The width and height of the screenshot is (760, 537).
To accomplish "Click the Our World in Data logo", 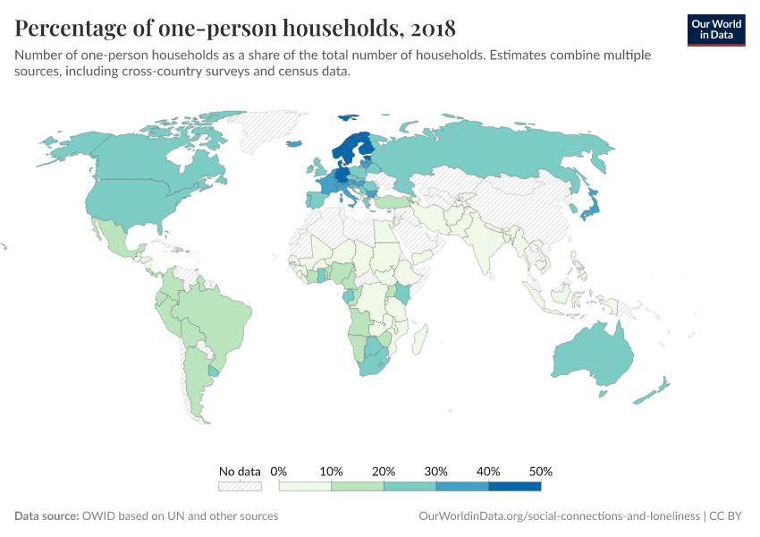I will click(716, 29).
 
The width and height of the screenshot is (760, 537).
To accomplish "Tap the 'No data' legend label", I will click(240, 471).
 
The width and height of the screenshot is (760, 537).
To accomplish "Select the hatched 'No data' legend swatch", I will click(240, 486).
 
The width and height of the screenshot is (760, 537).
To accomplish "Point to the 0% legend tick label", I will click(278, 471).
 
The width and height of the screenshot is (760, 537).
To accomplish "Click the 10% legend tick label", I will click(331, 471).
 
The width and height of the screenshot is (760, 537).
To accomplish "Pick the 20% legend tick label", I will click(384, 471).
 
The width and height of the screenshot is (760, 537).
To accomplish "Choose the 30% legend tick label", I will click(436, 471).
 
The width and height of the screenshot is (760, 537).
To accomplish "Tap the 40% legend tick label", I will click(488, 471).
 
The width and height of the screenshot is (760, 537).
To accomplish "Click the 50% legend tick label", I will click(541, 471).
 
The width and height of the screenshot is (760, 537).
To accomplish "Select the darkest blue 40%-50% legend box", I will click(515, 486).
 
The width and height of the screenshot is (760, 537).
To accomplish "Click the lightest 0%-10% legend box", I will click(305, 486).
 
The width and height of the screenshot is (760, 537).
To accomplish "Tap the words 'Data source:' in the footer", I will click(46, 516).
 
